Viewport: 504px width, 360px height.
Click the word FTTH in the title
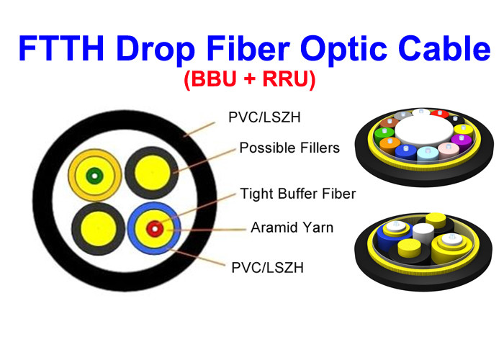pyautogui.click(x=61, y=48)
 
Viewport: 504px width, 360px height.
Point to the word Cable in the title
pyautogui.click(x=444, y=48)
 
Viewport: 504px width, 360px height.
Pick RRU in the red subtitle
pyautogui.click(x=285, y=78)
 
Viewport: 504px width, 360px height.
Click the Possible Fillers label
pyautogui.click(x=289, y=148)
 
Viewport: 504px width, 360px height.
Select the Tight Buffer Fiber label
pyautogui.click(x=298, y=194)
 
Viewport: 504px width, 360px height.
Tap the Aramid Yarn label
pyautogui.click(x=292, y=228)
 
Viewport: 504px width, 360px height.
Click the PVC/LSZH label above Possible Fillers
pyautogui.click(x=264, y=117)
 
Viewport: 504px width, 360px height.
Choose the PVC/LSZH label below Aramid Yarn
pyautogui.click(x=267, y=267)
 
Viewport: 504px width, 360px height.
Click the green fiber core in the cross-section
pyautogui.click(x=94, y=176)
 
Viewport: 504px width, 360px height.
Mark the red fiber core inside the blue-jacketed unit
pyautogui.click(x=155, y=229)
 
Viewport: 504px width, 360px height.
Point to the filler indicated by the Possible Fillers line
pyautogui.click(x=151, y=173)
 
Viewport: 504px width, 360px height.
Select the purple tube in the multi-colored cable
pyautogui.click(x=462, y=142)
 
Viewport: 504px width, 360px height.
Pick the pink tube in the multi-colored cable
pyautogui.click(x=449, y=150)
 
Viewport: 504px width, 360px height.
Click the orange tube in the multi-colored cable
pyautogui.click(x=390, y=145)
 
